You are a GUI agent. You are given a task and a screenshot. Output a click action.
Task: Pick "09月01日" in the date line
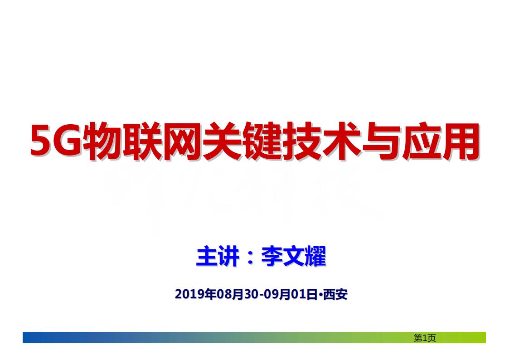[x=290, y=295]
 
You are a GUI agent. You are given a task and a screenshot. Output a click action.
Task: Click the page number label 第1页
[x=425, y=338]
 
